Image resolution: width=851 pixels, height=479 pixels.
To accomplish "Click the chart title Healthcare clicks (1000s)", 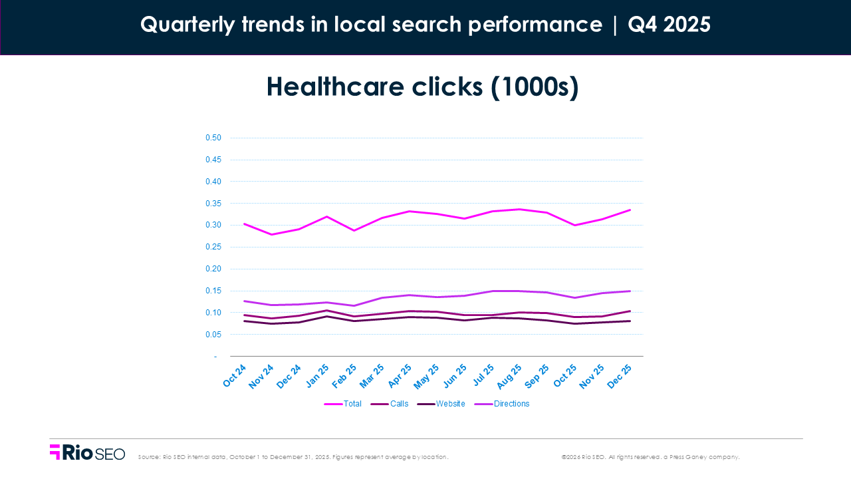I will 422,88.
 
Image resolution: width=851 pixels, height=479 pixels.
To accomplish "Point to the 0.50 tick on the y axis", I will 213,138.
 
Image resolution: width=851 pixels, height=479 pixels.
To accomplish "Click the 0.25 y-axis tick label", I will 213,247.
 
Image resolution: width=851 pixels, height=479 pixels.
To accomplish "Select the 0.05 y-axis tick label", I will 213,335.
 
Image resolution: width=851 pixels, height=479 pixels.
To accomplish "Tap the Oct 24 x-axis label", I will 235,375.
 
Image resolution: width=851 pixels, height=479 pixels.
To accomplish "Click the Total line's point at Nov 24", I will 271,234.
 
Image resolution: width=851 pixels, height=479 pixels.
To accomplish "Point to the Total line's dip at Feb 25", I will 354,230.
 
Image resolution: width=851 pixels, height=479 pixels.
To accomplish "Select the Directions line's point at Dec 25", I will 630,291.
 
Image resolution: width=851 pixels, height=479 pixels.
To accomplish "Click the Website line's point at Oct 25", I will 574,323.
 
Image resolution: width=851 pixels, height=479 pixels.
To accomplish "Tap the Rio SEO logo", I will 87,453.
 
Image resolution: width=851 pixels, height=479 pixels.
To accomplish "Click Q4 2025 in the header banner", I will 669,25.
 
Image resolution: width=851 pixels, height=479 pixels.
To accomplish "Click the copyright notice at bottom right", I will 650,457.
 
